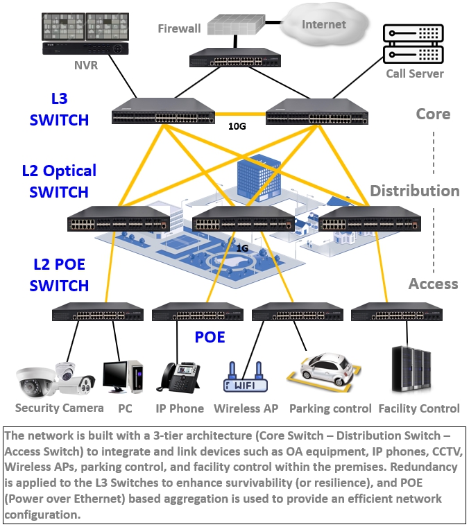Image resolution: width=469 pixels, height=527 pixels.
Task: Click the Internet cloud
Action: (323, 25)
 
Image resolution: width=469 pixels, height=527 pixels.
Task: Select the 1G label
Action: (242, 248)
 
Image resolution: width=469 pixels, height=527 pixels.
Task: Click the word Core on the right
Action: (433, 114)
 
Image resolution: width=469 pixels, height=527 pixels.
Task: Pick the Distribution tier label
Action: (414, 191)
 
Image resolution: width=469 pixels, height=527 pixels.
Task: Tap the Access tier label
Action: (433, 284)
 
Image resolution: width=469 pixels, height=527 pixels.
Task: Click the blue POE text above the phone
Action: (210, 338)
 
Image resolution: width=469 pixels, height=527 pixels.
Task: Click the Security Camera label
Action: (59, 408)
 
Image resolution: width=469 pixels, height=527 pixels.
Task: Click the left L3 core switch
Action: (164, 112)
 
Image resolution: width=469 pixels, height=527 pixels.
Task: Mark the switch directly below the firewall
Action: (237, 59)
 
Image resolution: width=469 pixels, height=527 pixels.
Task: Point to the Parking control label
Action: (330, 409)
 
